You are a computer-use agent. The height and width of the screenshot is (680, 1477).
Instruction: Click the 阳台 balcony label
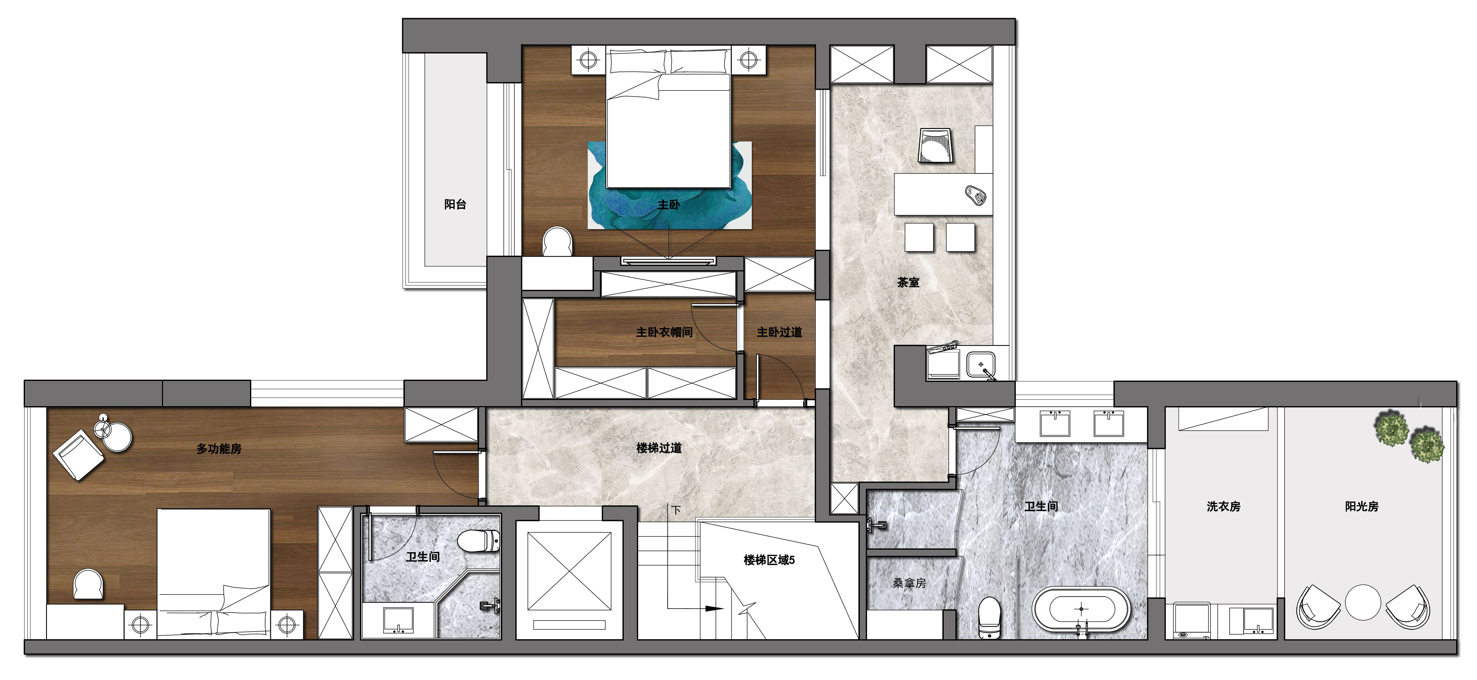point(455,204)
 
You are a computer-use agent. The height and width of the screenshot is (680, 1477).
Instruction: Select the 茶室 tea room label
point(908,282)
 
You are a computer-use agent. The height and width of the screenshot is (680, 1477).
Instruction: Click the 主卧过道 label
point(779,332)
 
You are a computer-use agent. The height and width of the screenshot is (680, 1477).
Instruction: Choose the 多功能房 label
point(219,448)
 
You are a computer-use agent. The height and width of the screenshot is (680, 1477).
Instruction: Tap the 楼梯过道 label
point(659,448)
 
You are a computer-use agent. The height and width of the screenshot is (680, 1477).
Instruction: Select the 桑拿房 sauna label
point(909,583)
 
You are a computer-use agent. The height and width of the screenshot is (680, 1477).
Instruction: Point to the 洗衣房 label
point(1224,506)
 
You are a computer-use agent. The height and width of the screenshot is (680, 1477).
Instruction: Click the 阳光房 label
point(1362,506)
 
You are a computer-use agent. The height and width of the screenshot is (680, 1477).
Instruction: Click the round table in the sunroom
point(1363,602)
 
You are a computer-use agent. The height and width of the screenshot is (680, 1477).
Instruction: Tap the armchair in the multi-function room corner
point(79,456)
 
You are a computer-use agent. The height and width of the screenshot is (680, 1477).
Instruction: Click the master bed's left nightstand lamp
point(589,59)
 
